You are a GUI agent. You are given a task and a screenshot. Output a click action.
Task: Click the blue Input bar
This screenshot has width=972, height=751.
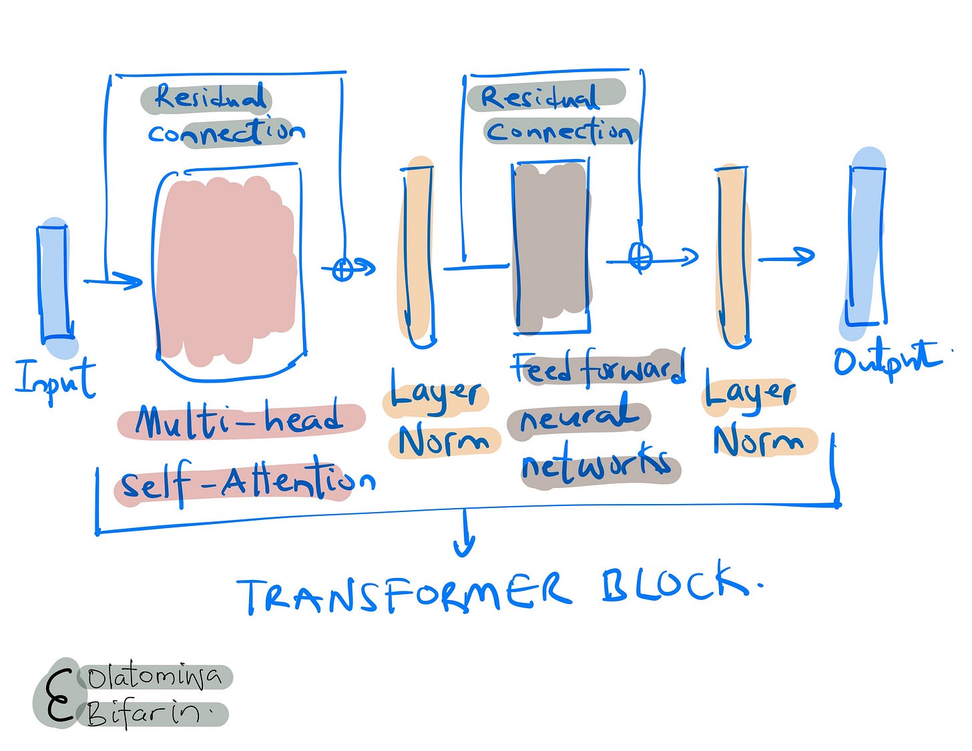pos(53,283)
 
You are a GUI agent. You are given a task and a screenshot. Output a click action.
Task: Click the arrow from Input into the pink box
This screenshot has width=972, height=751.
pos(113,280)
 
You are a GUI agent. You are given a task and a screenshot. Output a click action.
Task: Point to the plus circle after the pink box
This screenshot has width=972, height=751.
pos(343,269)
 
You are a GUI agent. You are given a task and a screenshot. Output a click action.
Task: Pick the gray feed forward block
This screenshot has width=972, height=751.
pos(551,247)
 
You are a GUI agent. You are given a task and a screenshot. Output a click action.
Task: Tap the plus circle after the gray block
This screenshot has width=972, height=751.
pos(641,256)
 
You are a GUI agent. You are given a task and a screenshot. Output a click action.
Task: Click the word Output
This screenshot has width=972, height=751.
pos(887,360)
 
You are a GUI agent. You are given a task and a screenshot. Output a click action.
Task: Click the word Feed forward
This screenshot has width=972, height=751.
pos(598,368)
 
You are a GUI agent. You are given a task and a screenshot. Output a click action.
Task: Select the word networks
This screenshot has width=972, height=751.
pos(596,466)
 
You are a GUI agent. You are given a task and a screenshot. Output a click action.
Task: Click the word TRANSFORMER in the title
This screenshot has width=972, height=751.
pos(405,591)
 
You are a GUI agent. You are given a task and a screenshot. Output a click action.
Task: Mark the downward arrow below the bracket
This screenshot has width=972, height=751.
pos(465,534)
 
